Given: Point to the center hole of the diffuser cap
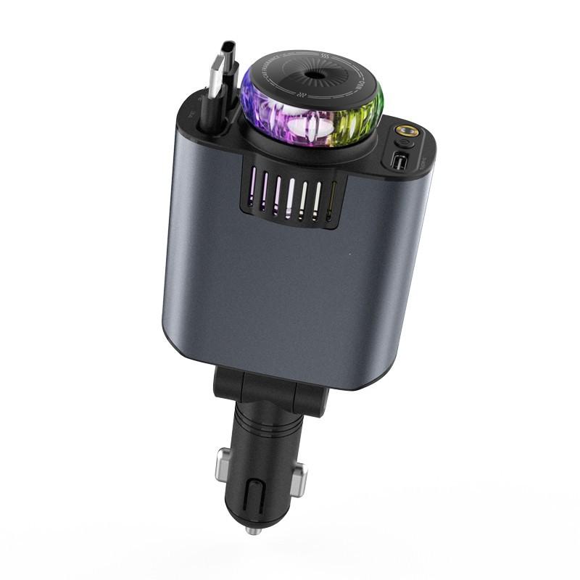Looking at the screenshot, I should pyautogui.click(x=317, y=75).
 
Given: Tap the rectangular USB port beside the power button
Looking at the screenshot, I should pyautogui.click(x=398, y=161).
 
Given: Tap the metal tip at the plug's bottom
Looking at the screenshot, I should pyautogui.click(x=252, y=531).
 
